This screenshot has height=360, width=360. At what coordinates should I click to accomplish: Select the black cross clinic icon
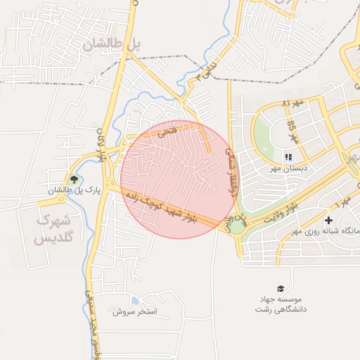click(328, 221)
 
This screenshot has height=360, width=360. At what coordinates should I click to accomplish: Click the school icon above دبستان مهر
click(288, 156)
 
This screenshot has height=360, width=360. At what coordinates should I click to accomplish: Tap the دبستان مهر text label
click(287, 169)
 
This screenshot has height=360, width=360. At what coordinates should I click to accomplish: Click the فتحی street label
click(167, 131)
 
